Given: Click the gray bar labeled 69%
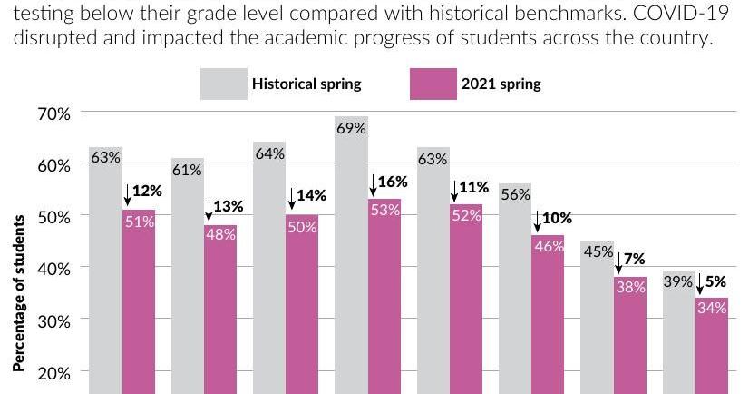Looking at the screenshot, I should click(350, 254).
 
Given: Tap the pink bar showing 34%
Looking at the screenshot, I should click(712, 345).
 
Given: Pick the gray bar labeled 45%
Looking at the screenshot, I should click(597, 318).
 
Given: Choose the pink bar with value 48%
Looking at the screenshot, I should click(220, 309).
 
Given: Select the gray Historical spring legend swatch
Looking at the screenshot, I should click(221, 84).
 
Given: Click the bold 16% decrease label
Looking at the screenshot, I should click(393, 182).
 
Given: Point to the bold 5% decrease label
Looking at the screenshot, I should click(717, 281).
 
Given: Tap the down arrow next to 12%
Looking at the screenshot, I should click(128, 193).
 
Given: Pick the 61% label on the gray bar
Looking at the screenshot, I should click(187, 170).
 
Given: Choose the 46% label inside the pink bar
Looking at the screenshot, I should click(549, 247).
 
